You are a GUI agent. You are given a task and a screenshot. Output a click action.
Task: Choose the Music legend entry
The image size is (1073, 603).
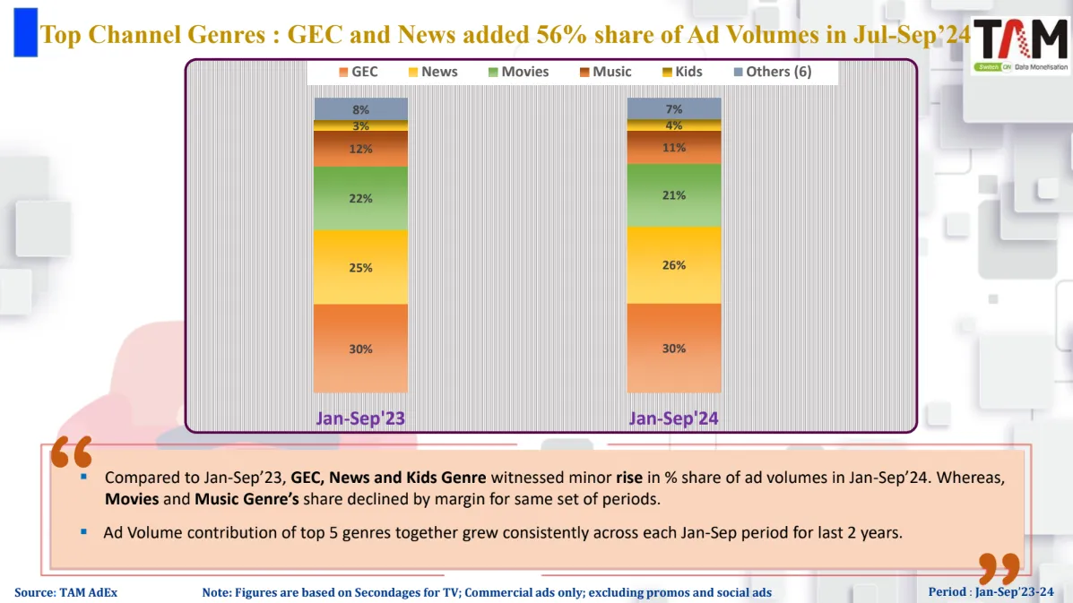coord(605,72)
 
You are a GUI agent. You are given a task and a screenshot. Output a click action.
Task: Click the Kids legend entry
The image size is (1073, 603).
coord(681,72)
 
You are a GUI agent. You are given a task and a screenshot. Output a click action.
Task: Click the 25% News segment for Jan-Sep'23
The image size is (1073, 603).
coord(360,267)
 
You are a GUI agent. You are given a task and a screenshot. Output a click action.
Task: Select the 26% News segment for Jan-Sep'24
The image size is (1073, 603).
coord(674,264)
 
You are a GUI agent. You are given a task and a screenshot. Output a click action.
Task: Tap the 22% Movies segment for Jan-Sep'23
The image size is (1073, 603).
coord(360,198)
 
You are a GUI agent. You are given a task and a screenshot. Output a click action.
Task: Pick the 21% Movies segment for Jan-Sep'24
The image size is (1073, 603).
coord(674,194)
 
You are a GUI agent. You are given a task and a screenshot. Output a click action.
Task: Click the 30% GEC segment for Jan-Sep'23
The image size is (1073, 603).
coord(360,349)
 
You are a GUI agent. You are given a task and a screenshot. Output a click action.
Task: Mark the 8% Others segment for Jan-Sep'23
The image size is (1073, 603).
coord(360,108)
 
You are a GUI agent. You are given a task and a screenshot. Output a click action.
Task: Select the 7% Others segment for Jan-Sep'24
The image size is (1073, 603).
coord(674,108)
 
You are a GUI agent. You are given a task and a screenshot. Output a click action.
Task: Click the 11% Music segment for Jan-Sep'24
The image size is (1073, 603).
coord(674,148)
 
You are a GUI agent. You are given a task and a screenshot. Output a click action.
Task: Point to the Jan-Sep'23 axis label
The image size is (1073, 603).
coord(360,418)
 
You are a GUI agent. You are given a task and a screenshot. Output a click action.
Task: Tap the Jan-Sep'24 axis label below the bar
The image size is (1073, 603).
coord(674,418)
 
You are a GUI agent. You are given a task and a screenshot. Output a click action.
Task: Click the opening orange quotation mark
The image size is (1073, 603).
coord(72,453)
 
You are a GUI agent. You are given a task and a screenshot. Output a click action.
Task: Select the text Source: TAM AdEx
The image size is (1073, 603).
coord(65,592)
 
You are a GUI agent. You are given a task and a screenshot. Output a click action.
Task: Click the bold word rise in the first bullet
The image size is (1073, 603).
coord(629,478)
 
